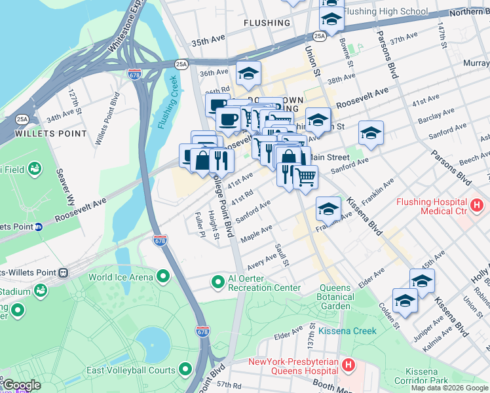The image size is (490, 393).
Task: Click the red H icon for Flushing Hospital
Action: pyautogui.click(x=477, y=205)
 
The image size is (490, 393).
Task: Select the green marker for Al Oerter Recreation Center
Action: pyautogui.click(x=217, y=282)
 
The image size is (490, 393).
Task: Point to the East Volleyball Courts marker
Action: pyautogui.click(x=186, y=370)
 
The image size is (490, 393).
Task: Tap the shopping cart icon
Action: pyautogui.click(x=305, y=176)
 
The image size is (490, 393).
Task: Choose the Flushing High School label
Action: pyautogui.click(x=385, y=12)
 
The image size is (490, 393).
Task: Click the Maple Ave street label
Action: pyautogui.click(x=256, y=233)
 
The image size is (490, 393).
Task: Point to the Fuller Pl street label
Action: pyautogui.click(x=200, y=225)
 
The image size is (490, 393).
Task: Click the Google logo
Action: pyautogui.click(x=21, y=385)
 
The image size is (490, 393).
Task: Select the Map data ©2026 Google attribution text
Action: pyautogui.click(x=449, y=388)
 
